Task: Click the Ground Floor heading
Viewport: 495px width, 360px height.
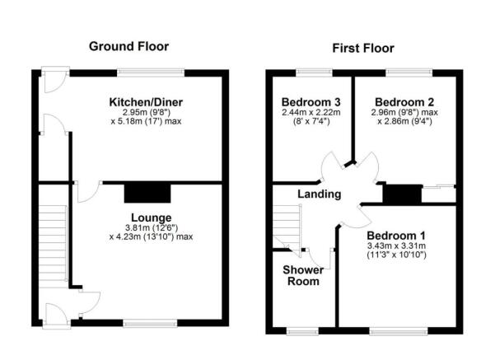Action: coord(128,46)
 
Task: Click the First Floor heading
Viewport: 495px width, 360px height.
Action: coord(363,49)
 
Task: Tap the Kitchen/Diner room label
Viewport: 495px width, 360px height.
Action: coord(146,102)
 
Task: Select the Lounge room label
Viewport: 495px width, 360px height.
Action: coord(152,217)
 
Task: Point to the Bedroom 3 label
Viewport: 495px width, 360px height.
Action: coord(311,102)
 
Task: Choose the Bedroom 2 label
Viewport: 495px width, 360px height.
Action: coord(404,102)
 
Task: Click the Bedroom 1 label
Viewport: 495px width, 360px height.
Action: coord(396,236)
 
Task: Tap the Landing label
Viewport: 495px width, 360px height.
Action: coord(320,194)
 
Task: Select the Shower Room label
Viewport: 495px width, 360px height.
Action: coord(303,275)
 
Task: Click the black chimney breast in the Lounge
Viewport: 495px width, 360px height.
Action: coord(147,194)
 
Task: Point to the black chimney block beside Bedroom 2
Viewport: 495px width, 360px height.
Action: coord(402,194)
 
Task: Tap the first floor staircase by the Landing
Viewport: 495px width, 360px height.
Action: coord(287,227)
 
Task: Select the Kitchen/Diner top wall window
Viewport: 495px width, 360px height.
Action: coord(151,73)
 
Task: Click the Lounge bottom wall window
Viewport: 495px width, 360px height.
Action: coord(150,323)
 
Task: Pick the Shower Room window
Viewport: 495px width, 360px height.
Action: coord(302,331)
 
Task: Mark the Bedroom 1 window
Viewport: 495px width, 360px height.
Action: coord(399,331)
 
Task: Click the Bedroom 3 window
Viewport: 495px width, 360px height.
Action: coord(314,73)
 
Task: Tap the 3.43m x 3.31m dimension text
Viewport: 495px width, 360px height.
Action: coord(396,245)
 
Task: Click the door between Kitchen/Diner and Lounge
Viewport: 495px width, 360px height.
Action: coord(89,192)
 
